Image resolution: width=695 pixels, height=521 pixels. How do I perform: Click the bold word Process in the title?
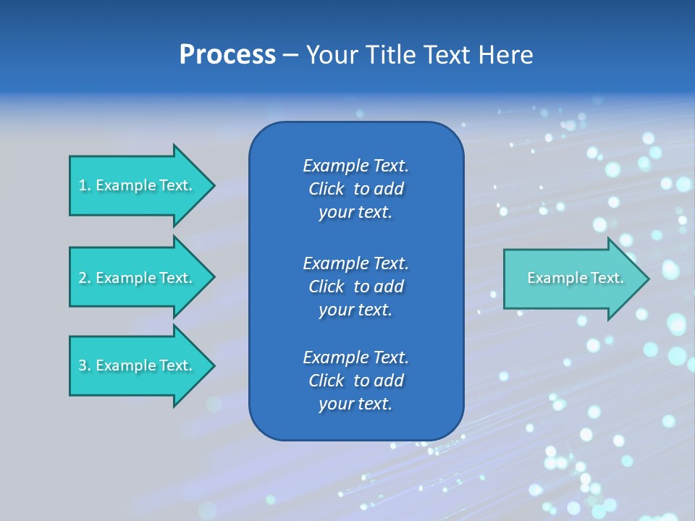[x=227, y=55]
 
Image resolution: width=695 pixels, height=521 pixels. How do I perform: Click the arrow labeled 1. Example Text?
[x=138, y=185]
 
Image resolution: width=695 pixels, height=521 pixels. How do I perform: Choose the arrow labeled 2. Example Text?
[x=138, y=278]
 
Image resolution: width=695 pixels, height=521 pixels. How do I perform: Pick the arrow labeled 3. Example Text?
[x=138, y=365]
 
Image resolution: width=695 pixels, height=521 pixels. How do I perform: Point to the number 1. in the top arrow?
[x=85, y=185]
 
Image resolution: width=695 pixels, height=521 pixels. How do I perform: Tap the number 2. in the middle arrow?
[x=85, y=278]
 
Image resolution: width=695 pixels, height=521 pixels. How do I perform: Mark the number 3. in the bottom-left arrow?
[x=85, y=365]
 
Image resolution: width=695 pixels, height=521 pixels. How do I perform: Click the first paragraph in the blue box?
[x=355, y=189]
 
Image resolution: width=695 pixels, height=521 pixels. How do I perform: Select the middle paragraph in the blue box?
[x=355, y=286]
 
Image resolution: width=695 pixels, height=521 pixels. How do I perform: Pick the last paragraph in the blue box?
[x=355, y=381]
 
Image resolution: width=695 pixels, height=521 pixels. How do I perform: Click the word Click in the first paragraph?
[x=326, y=189]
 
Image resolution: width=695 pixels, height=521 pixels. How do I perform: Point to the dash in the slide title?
[x=290, y=55]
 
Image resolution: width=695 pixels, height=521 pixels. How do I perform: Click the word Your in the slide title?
[x=330, y=55]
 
